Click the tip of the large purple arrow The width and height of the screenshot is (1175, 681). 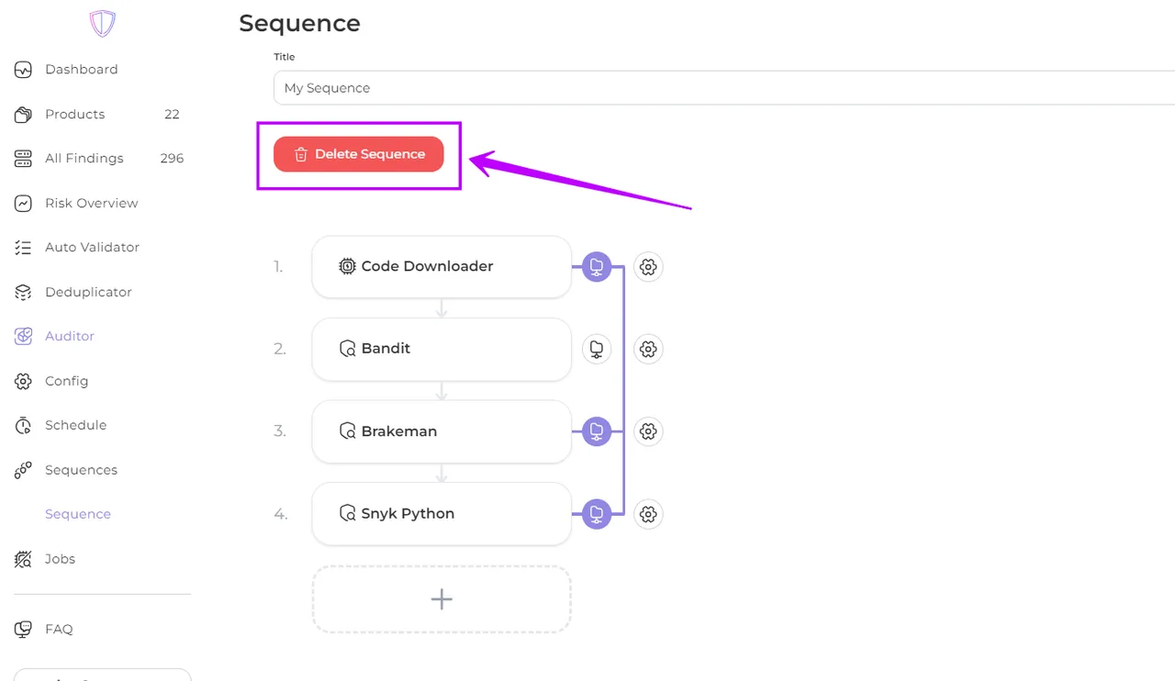(469, 160)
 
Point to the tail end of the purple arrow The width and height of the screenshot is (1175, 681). (691, 209)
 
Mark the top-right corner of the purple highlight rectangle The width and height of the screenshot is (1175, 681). (461, 123)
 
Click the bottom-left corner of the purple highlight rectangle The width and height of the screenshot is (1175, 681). (258, 188)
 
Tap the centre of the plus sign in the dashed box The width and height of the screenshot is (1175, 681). (442, 599)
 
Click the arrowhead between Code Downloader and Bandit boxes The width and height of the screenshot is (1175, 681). (442, 313)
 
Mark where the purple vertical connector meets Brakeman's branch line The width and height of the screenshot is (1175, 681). (623, 431)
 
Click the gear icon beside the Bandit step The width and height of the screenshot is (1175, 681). (648, 349)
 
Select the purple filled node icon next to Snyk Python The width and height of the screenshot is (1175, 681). (597, 514)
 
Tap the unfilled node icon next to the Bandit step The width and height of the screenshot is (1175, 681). (597, 349)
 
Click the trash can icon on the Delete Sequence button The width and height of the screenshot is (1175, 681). (300, 154)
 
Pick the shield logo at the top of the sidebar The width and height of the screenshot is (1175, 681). (102, 23)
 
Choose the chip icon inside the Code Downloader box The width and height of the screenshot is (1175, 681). (347, 266)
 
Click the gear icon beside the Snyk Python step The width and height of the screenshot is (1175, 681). (648, 514)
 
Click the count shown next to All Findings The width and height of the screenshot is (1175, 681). (172, 159)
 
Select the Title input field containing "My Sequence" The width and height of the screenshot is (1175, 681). (724, 88)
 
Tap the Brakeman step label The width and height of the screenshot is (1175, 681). (399, 431)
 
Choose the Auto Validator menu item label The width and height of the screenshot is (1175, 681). (93, 247)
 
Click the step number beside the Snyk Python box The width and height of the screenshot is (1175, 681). (281, 514)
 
